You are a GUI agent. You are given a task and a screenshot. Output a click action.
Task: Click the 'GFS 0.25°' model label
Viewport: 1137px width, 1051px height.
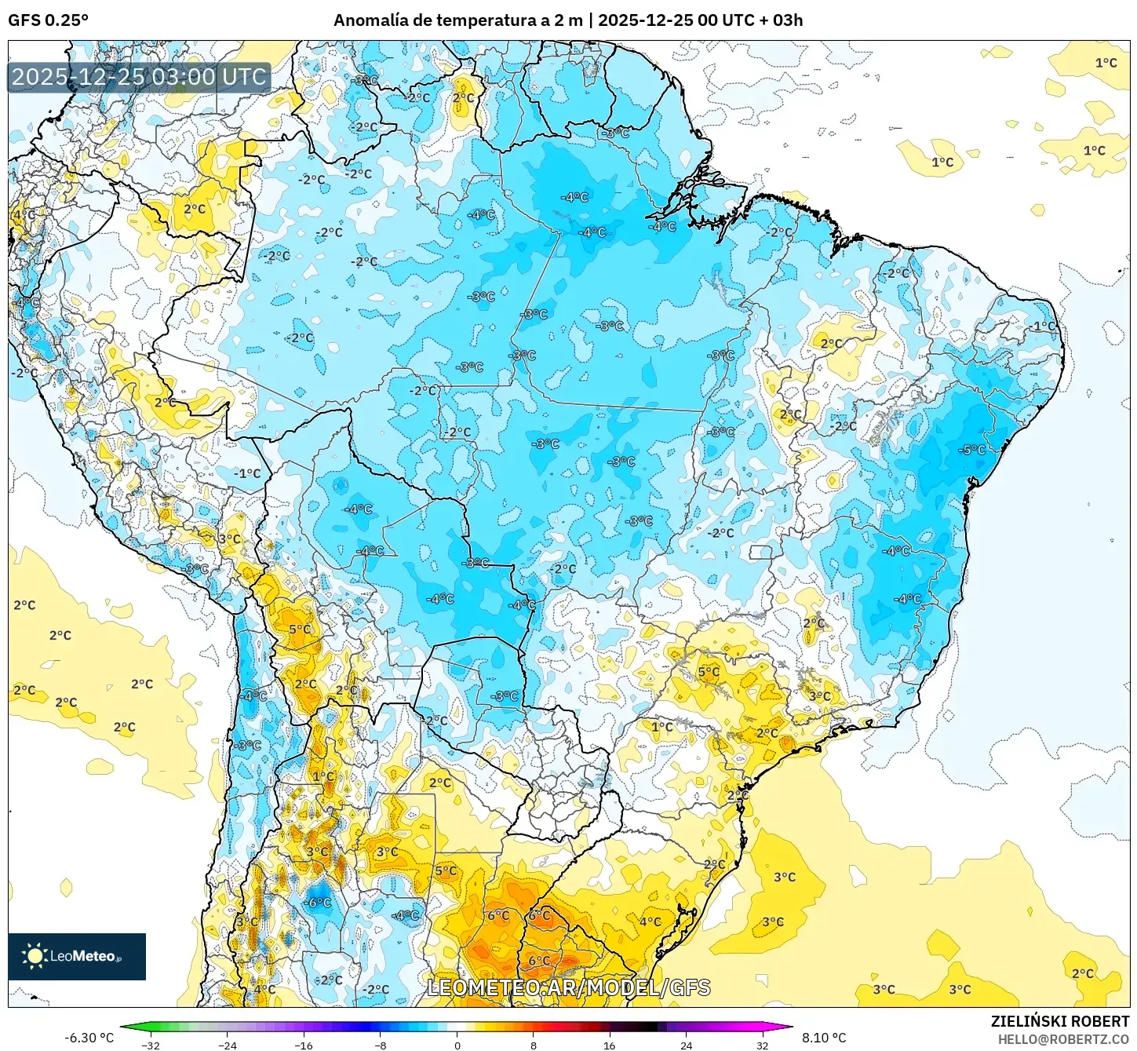pyautogui.click(x=48, y=20)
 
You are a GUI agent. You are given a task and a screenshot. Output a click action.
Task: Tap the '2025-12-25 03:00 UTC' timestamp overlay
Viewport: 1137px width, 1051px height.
pyautogui.click(x=139, y=77)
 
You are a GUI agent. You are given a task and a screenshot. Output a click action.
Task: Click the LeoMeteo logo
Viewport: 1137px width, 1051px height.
pyautogui.click(x=77, y=956)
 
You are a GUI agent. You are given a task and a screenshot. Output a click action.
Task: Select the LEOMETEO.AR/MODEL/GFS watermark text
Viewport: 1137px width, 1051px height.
pyautogui.click(x=568, y=987)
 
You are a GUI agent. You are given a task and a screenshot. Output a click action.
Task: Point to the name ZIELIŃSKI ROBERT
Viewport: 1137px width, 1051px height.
pyautogui.click(x=1059, y=1021)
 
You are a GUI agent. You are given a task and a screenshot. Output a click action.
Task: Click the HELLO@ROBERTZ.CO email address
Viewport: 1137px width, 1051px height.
pyautogui.click(x=1063, y=1039)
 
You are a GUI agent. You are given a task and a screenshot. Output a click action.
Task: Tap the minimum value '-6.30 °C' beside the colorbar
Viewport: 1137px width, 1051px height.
pyautogui.click(x=89, y=1038)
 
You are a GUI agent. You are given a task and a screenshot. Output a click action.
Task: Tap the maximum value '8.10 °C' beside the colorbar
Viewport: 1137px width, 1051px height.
pyautogui.click(x=824, y=1038)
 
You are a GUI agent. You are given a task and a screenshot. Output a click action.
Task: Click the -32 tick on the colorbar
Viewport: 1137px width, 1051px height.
pyautogui.click(x=151, y=1045)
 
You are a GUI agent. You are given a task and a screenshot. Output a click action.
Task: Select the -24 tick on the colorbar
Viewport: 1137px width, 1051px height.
pyautogui.click(x=227, y=1045)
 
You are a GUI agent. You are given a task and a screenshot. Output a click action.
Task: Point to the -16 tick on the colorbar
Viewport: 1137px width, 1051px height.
pyautogui.click(x=304, y=1045)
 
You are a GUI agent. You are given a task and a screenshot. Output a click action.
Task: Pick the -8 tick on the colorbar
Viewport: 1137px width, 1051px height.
pyautogui.click(x=381, y=1045)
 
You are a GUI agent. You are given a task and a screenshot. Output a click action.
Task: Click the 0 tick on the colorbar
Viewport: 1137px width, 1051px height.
pyautogui.click(x=457, y=1045)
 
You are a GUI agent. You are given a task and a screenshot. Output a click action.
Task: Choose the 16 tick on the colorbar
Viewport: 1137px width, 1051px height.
pyautogui.click(x=610, y=1045)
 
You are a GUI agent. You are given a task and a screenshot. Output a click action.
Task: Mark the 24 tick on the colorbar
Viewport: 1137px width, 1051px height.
pyautogui.click(x=687, y=1045)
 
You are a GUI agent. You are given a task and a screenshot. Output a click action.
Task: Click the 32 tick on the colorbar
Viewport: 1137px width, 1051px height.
pyautogui.click(x=763, y=1045)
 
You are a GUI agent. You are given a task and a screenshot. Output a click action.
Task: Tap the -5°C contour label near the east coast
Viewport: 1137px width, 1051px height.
pyautogui.click(x=971, y=450)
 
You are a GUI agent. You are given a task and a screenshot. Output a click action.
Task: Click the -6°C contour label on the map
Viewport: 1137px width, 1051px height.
pyautogui.click(x=319, y=903)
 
